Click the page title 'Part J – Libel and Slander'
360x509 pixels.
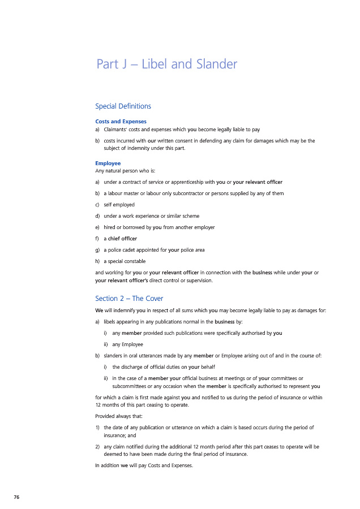pos(167,64)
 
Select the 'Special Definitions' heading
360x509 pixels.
pos(123,106)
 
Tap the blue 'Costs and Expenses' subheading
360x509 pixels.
pos(121,121)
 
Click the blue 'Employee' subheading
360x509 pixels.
pos(108,163)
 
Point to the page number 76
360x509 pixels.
pos(17,497)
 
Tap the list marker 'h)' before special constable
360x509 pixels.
pos(98,261)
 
